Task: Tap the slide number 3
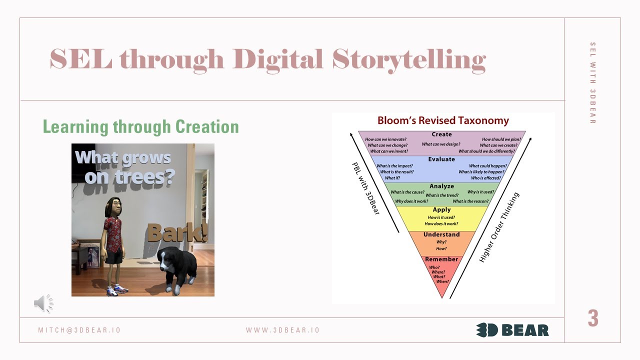tap(593, 318)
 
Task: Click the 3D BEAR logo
tap(512, 330)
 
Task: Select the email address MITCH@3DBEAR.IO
tap(79, 330)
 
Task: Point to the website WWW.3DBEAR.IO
tap(282, 330)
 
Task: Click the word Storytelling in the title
tap(409, 59)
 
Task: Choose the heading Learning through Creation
tap(140, 126)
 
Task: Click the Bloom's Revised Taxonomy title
tap(443, 120)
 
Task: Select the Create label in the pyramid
tap(441, 134)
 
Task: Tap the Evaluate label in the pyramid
tap(441, 159)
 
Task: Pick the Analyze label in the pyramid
tap(441, 186)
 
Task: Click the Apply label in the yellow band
tap(441, 210)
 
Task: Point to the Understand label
tap(441, 234)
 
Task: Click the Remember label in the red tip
tap(441, 259)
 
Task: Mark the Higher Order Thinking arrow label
tap(499, 228)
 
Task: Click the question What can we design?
tap(441, 144)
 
